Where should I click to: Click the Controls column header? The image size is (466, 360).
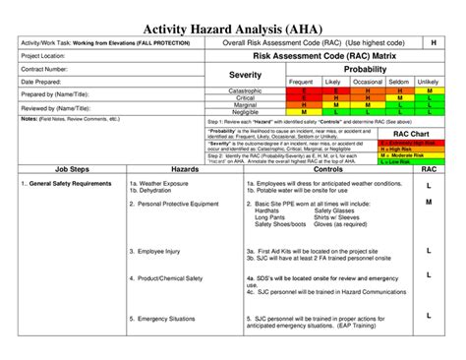point(326,170)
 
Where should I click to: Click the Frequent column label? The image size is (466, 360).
point(301,82)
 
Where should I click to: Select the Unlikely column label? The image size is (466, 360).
point(428,82)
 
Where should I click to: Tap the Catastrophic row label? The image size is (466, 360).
point(245,90)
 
